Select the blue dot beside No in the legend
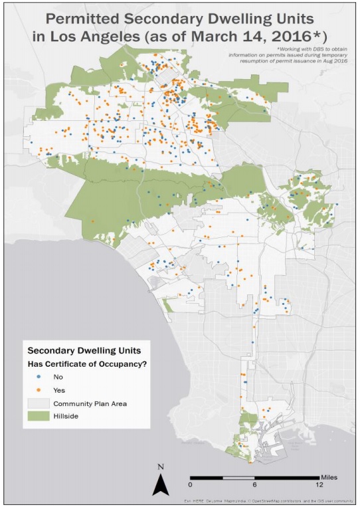[39, 377]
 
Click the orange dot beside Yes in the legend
[39, 390]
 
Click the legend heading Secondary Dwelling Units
[83, 350]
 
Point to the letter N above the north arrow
[160, 467]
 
